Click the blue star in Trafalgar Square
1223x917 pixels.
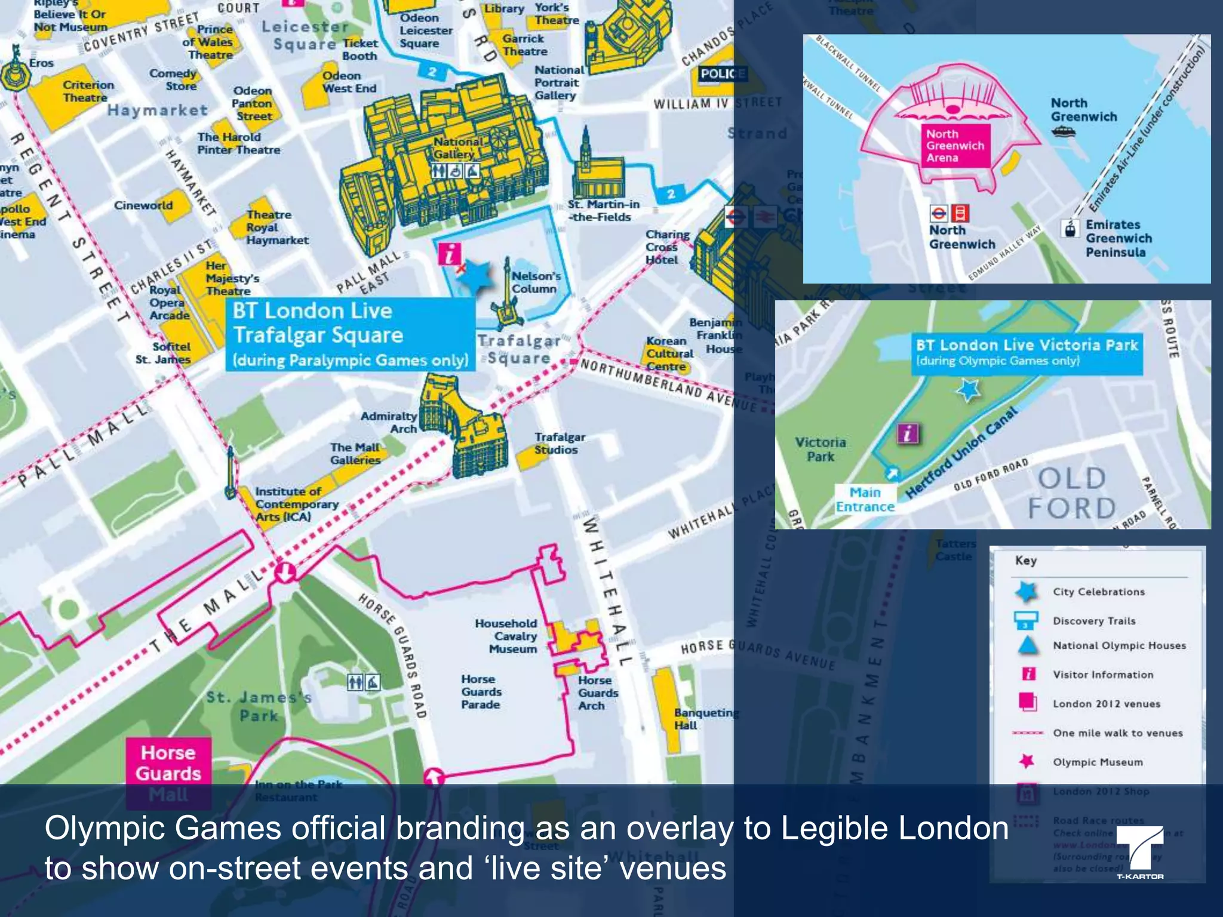pyautogui.click(x=476, y=276)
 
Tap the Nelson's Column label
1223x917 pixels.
pyautogui.click(x=536, y=282)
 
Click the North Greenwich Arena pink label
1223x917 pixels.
pyautogui.click(x=954, y=146)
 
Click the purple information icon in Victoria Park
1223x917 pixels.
pyautogui.click(x=908, y=433)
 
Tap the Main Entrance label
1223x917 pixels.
pyautogui.click(x=865, y=500)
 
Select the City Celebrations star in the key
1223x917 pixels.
pyautogui.click(x=1026, y=592)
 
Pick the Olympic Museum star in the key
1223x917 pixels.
pyautogui.click(x=1027, y=761)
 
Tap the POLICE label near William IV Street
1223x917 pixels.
pyautogui.click(x=723, y=74)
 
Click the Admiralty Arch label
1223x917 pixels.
pyautogui.click(x=388, y=422)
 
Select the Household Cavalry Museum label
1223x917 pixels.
pyautogui.click(x=506, y=636)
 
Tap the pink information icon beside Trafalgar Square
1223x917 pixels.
pyautogui.click(x=449, y=254)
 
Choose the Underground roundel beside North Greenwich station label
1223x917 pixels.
pyautogui.click(x=938, y=213)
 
